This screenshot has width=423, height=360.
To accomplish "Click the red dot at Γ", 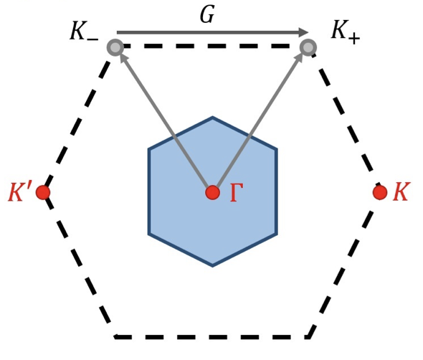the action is [212, 193].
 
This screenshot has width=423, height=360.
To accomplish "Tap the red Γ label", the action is [237, 193].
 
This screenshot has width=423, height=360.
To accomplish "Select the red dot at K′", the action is [43, 193].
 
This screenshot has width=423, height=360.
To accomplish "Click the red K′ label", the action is [18, 192].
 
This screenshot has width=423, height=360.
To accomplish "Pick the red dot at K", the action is [380, 193].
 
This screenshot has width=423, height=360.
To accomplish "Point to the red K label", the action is [401, 192].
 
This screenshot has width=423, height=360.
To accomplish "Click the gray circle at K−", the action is [115, 47].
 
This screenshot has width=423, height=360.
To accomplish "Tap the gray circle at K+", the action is [308, 47].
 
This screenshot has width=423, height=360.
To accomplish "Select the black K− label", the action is [84, 31].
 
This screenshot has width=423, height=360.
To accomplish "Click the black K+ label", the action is [346, 32].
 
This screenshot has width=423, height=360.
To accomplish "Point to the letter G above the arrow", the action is [207, 14].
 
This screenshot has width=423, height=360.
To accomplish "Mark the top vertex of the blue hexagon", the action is [212, 118].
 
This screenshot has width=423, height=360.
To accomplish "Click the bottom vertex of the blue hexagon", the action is [212, 266].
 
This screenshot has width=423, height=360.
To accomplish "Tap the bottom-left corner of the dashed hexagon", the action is [115, 337].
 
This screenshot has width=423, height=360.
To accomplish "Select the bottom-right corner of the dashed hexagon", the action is [308, 337].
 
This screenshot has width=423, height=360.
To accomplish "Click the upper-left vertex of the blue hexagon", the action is [149, 149].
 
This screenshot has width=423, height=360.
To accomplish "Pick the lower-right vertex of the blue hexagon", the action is [276, 234].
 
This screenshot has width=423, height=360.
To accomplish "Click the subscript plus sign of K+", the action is [353, 38].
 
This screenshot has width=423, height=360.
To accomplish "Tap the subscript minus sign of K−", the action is [92, 39].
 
